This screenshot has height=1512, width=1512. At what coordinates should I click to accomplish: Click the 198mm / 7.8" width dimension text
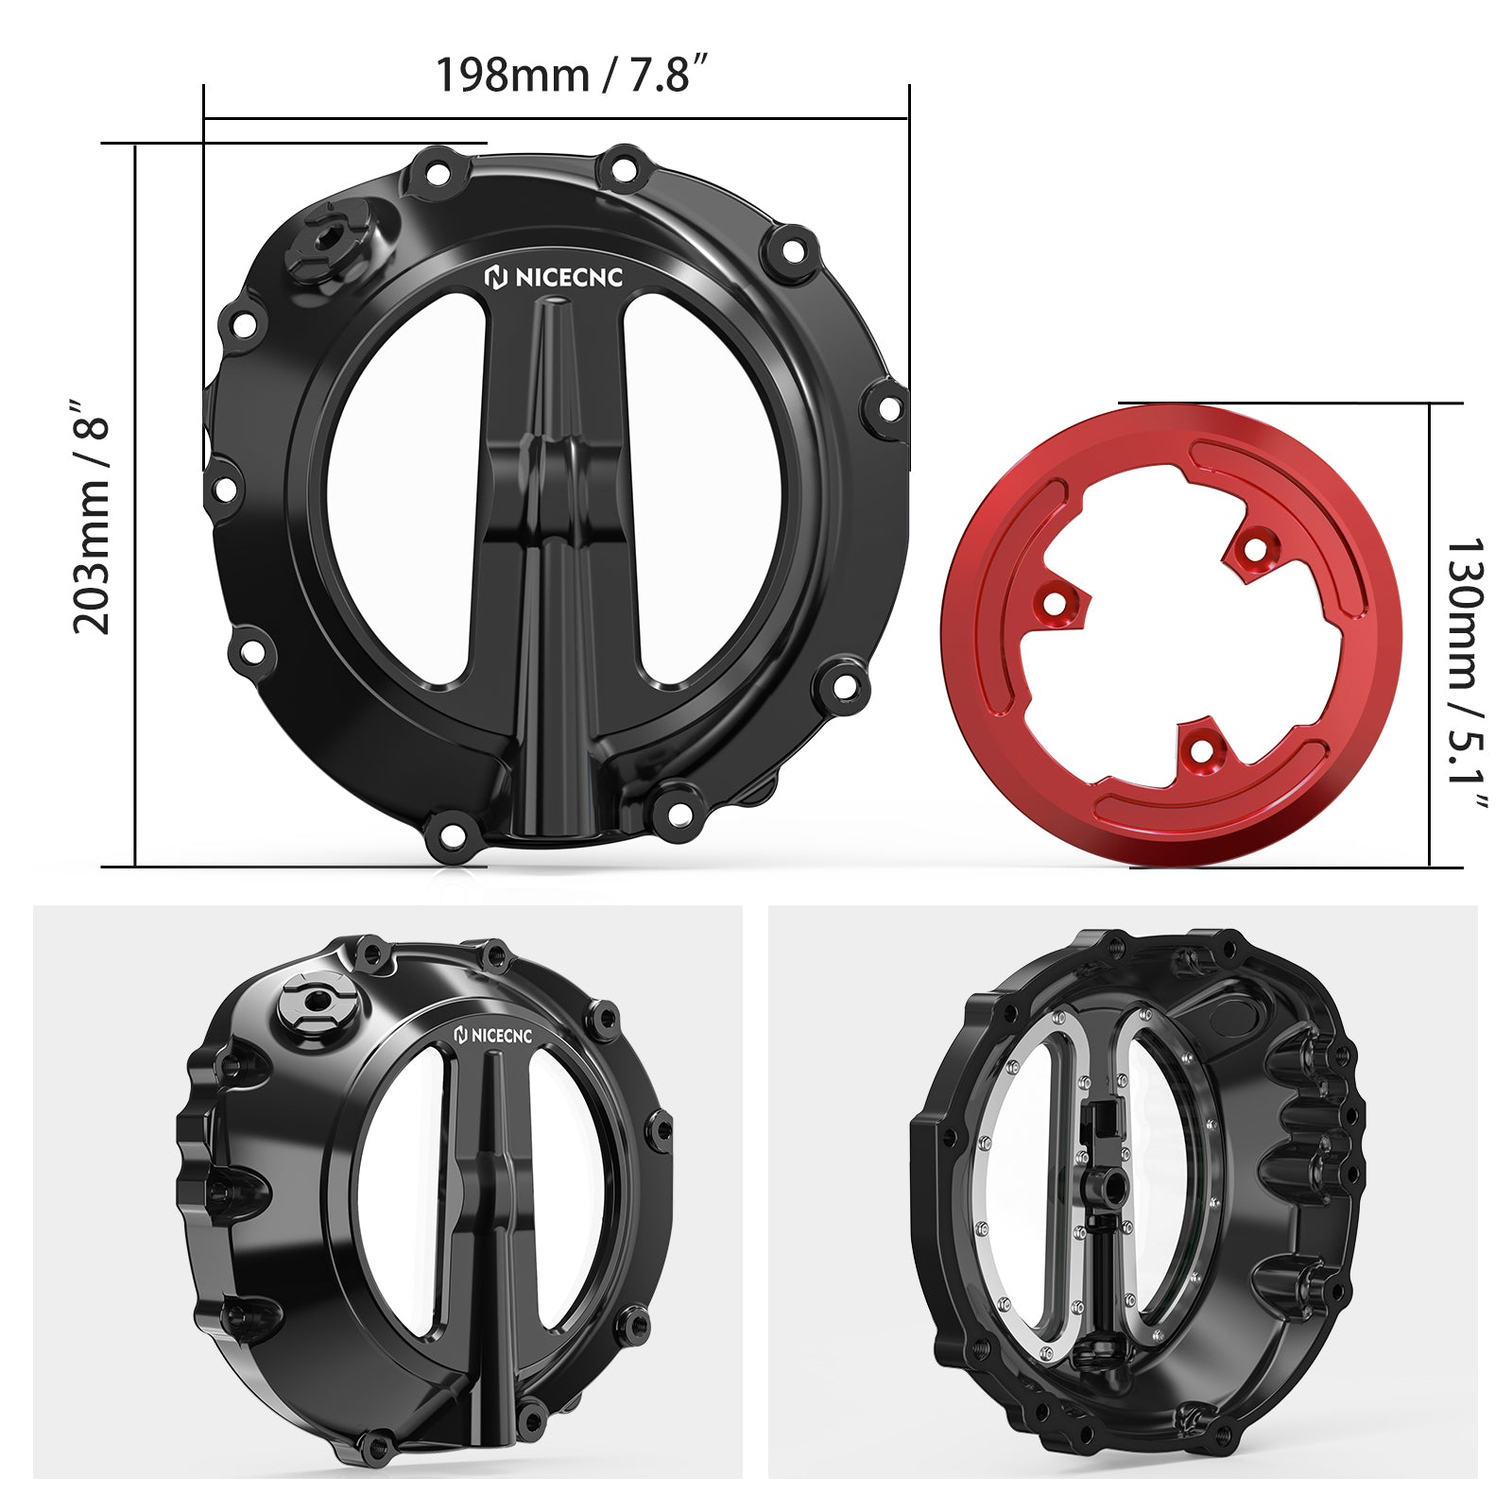pos(572,74)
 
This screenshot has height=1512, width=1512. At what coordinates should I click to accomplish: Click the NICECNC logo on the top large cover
pos(555,277)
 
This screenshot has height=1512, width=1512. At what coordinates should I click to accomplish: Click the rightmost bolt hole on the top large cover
pos(889,407)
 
